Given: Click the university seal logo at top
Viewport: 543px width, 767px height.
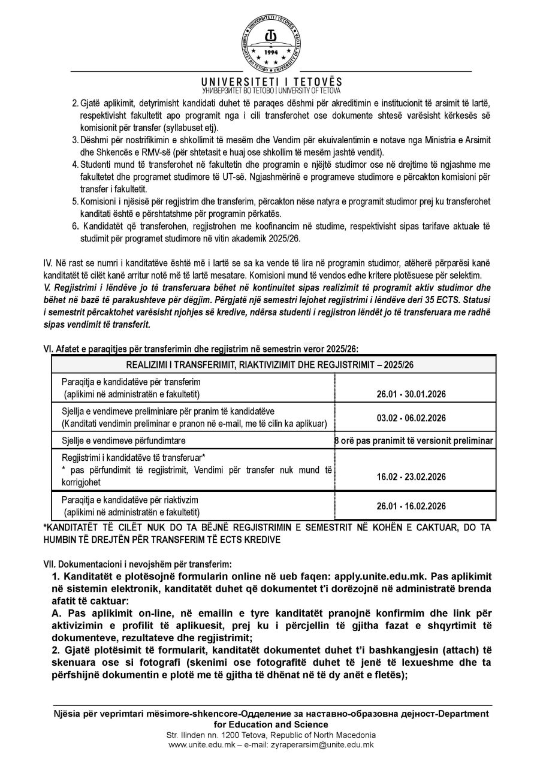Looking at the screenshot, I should click(x=271, y=37).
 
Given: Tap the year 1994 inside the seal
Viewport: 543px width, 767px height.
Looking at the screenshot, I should click(x=271, y=52).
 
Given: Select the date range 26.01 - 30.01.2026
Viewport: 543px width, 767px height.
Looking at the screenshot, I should click(x=414, y=394).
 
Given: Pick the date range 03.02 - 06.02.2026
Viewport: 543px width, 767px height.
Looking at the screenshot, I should click(x=414, y=418).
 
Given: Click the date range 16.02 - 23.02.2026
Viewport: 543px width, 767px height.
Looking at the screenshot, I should click(x=414, y=476).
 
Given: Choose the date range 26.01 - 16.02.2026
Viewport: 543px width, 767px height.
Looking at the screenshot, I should click(x=414, y=506).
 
